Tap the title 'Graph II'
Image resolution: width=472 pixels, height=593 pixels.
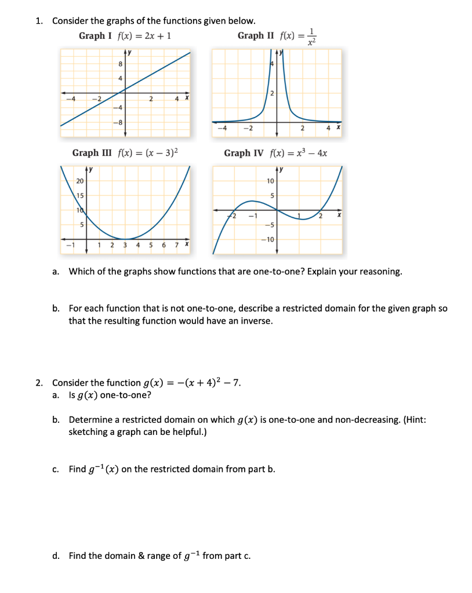pyautogui.click(x=255, y=36)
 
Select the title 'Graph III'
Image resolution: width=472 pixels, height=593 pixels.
pyautogui.click(x=92, y=153)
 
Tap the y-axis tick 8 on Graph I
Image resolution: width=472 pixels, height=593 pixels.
pyautogui.click(x=120, y=64)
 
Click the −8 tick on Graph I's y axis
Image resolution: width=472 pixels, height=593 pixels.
pyautogui.click(x=118, y=122)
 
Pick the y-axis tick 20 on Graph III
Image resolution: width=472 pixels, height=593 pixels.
pyautogui.click(x=79, y=181)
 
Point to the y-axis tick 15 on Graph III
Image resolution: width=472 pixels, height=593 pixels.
pyautogui.click(x=79, y=196)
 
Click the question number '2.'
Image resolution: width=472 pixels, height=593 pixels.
pyautogui.click(x=39, y=383)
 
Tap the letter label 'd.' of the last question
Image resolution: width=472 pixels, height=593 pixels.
pyautogui.click(x=56, y=556)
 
